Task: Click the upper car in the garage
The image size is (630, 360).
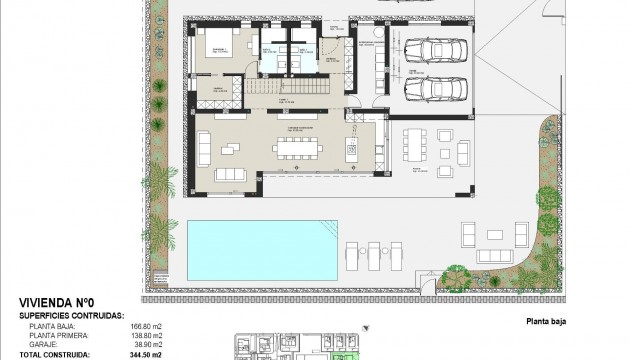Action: coord(432,53)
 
